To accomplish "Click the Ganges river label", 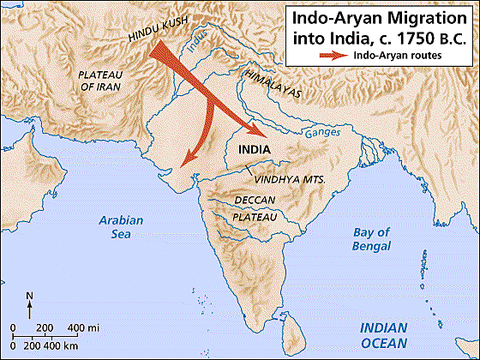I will (322, 134).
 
